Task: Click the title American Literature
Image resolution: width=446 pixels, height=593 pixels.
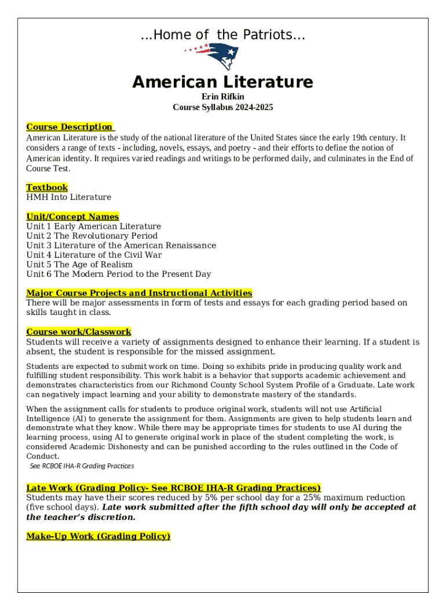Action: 222,82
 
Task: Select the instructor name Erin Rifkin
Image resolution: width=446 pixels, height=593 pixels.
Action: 222,97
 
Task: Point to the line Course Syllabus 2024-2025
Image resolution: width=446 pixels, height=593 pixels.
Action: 222,107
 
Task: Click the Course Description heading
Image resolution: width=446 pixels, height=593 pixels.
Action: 70,127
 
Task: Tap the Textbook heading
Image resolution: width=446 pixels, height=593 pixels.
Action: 47,188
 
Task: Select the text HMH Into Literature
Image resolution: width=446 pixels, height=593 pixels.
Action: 68,197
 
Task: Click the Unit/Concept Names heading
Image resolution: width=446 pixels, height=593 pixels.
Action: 72,217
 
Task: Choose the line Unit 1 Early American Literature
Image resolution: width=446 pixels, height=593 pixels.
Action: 93,226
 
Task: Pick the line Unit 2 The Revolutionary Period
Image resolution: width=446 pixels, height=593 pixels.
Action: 92,236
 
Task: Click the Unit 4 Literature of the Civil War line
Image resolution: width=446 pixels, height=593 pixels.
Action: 94,255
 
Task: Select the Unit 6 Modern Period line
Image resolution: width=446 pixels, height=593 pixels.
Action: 118,274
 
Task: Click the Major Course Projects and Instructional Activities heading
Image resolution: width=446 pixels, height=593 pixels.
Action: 139,293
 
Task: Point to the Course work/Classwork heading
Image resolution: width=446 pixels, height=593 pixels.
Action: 79,332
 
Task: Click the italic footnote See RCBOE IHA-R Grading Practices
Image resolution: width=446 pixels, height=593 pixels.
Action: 82,466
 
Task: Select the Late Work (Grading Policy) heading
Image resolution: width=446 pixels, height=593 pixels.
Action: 173,488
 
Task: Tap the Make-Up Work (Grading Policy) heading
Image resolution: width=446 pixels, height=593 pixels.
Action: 98,536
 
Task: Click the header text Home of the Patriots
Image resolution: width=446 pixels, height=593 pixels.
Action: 223,35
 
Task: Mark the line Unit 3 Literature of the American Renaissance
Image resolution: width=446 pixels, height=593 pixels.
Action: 121,246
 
